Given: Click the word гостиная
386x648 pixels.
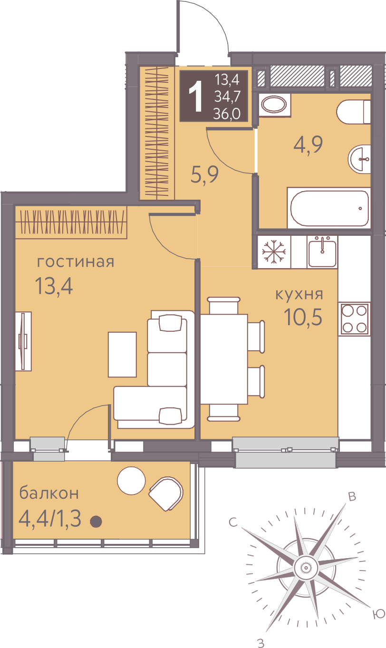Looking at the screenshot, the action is click(x=76, y=262).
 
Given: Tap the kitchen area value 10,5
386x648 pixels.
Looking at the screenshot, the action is click(x=303, y=317).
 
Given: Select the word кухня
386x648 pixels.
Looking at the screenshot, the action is click(x=299, y=294).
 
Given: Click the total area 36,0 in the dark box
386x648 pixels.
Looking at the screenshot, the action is click(x=227, y=114).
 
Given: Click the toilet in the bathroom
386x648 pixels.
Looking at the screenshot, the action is click(x=354, y=112).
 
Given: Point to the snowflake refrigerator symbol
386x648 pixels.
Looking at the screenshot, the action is click(x=274, y=251).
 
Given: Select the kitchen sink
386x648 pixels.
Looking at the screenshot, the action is click(x=322, y=252).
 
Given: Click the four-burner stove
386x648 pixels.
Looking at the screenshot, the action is click(x=355, y=319).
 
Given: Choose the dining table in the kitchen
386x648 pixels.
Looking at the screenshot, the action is click(x=224, y=359).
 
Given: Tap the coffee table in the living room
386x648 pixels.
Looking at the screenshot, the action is click(x=122, y=355).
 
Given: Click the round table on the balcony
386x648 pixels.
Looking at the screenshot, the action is click(x=131, y=481).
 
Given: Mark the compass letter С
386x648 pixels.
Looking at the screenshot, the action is click(x=233, y=522).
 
